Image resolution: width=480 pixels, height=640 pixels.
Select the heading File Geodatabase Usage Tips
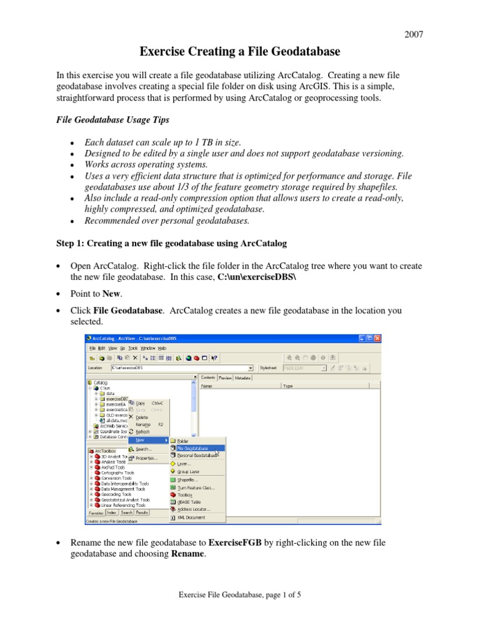pyautogui.click(x=109, y=119)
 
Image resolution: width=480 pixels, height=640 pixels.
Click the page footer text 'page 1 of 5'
pyautogui.click(x=277, y=596)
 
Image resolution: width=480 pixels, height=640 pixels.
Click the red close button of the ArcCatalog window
pyautogui.click(x=377, y=338)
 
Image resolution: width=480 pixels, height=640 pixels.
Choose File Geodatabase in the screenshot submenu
pyautogui.click(x=192, y=448)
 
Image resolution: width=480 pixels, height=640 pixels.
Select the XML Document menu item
pyautogui.click(x=191, y=517)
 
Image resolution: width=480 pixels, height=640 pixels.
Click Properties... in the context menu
pyautogui.click(x=146, y=457)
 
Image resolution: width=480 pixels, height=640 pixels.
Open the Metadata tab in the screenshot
pyautogui.click(x=244, y=377)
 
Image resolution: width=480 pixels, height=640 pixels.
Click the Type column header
pyautogui.click(x=288, y=386)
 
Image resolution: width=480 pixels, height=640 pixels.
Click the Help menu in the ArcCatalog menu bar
pyautogui.click(x=162, y=347)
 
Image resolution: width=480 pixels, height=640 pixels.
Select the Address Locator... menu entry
pyautogui.click(x=194, y=509)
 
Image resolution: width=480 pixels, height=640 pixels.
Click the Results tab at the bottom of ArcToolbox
pyautogui.click(x=142, y=512)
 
